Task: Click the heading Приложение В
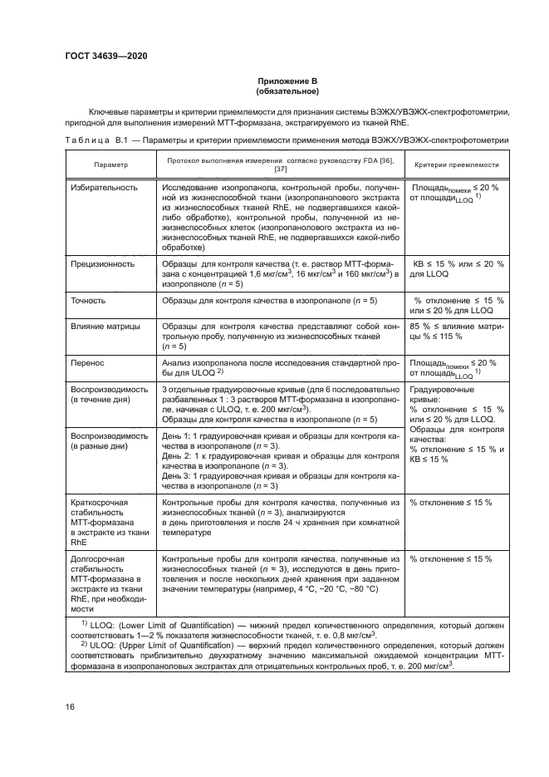pyautogui.click(x=287, y=81)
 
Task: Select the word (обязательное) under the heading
pyautogui.click(x=287, y=91)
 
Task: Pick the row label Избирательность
pyautogui.click(x=103, y=188)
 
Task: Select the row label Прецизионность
pyautogui.click(x=102, y=263)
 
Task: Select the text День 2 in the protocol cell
pyautogui.click(x=175, y=456)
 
